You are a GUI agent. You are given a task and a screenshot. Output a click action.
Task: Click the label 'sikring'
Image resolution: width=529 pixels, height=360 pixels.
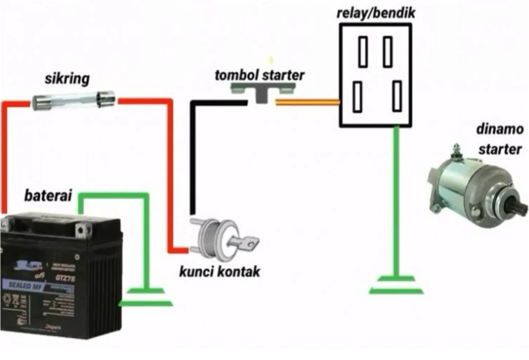coord(67,79)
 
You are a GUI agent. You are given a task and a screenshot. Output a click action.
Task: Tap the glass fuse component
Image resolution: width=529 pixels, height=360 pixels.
coord(74,101)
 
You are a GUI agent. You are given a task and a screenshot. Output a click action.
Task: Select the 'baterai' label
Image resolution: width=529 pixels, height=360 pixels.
coord(48,196)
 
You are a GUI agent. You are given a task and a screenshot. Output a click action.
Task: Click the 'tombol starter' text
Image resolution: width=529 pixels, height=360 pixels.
coord(259,76)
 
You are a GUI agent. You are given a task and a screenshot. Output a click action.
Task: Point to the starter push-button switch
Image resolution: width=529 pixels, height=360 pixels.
coord(263,92)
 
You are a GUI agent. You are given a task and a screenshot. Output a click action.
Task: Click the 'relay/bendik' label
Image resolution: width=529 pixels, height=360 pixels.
coord(375,13)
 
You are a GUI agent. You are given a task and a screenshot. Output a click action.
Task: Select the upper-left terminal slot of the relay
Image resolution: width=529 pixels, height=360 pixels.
coord(363,52)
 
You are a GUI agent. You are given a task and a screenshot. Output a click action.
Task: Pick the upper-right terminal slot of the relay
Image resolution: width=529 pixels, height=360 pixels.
coord(388,52)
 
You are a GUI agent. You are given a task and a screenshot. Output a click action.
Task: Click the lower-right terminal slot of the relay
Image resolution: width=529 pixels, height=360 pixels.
coord(397,96)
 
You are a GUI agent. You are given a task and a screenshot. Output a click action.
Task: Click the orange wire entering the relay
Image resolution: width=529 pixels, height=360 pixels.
coord(307,103)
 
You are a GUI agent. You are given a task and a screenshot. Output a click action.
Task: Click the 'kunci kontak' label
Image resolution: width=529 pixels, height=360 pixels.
coord(219,272)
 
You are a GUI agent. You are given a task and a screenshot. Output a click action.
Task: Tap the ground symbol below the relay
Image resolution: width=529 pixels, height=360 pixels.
coord(396,285)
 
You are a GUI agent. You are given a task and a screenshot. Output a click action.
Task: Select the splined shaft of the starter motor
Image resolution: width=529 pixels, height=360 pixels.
coord(519,208)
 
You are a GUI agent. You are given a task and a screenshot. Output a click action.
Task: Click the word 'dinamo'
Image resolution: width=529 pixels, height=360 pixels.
coord(500,129)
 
